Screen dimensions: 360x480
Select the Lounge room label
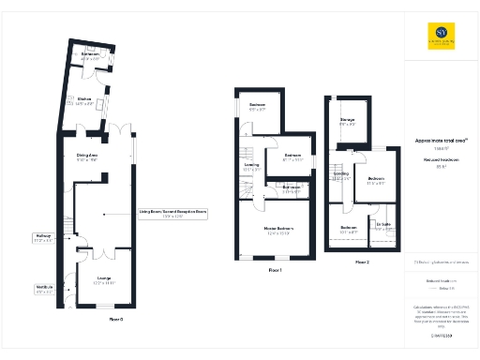[x=105, y=278]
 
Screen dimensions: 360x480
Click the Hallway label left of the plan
[x=43, y=238]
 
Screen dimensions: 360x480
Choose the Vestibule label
[x=44, y=288]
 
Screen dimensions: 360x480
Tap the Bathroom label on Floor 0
[x=90, y=55]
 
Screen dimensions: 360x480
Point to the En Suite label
[x=382, y=225]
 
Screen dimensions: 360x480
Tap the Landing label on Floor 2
[x=340, y=175]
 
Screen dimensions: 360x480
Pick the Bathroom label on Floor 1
[x=292, y=188]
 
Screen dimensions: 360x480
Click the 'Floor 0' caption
[x=117, y=320]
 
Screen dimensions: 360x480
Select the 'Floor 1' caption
[x=275, y=270]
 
